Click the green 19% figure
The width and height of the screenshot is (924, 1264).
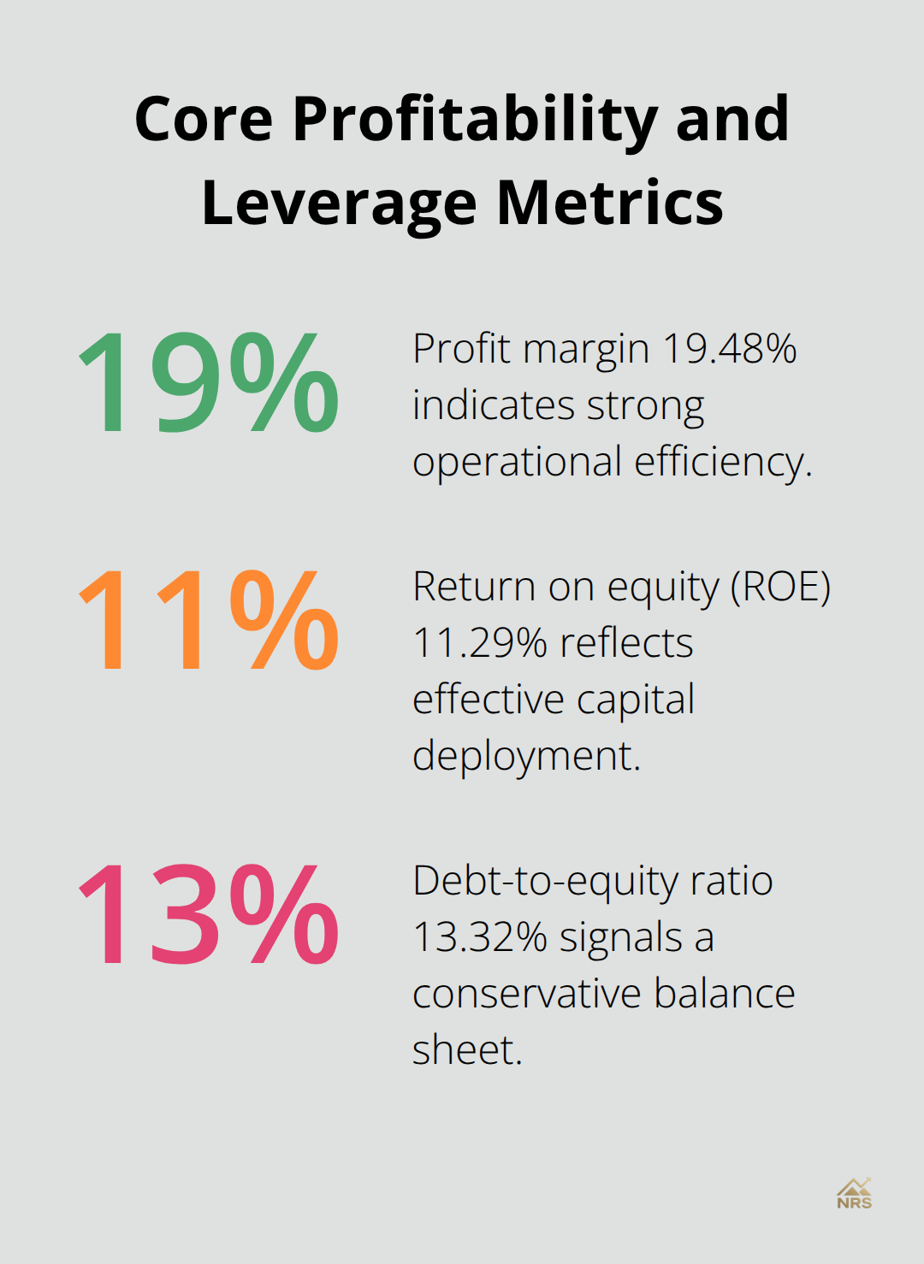point(208,382)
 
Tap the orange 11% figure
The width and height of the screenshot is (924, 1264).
point(208,620)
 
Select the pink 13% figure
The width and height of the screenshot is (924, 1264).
point(208,914)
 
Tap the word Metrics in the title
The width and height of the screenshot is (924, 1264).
point(610,203)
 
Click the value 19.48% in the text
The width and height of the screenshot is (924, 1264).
point(730,349)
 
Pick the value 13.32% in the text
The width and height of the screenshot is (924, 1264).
point(480,937)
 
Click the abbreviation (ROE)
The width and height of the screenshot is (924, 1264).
point(780,588)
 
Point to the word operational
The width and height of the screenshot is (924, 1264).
point(517,463)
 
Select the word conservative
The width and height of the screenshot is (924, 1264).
point(526,994)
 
